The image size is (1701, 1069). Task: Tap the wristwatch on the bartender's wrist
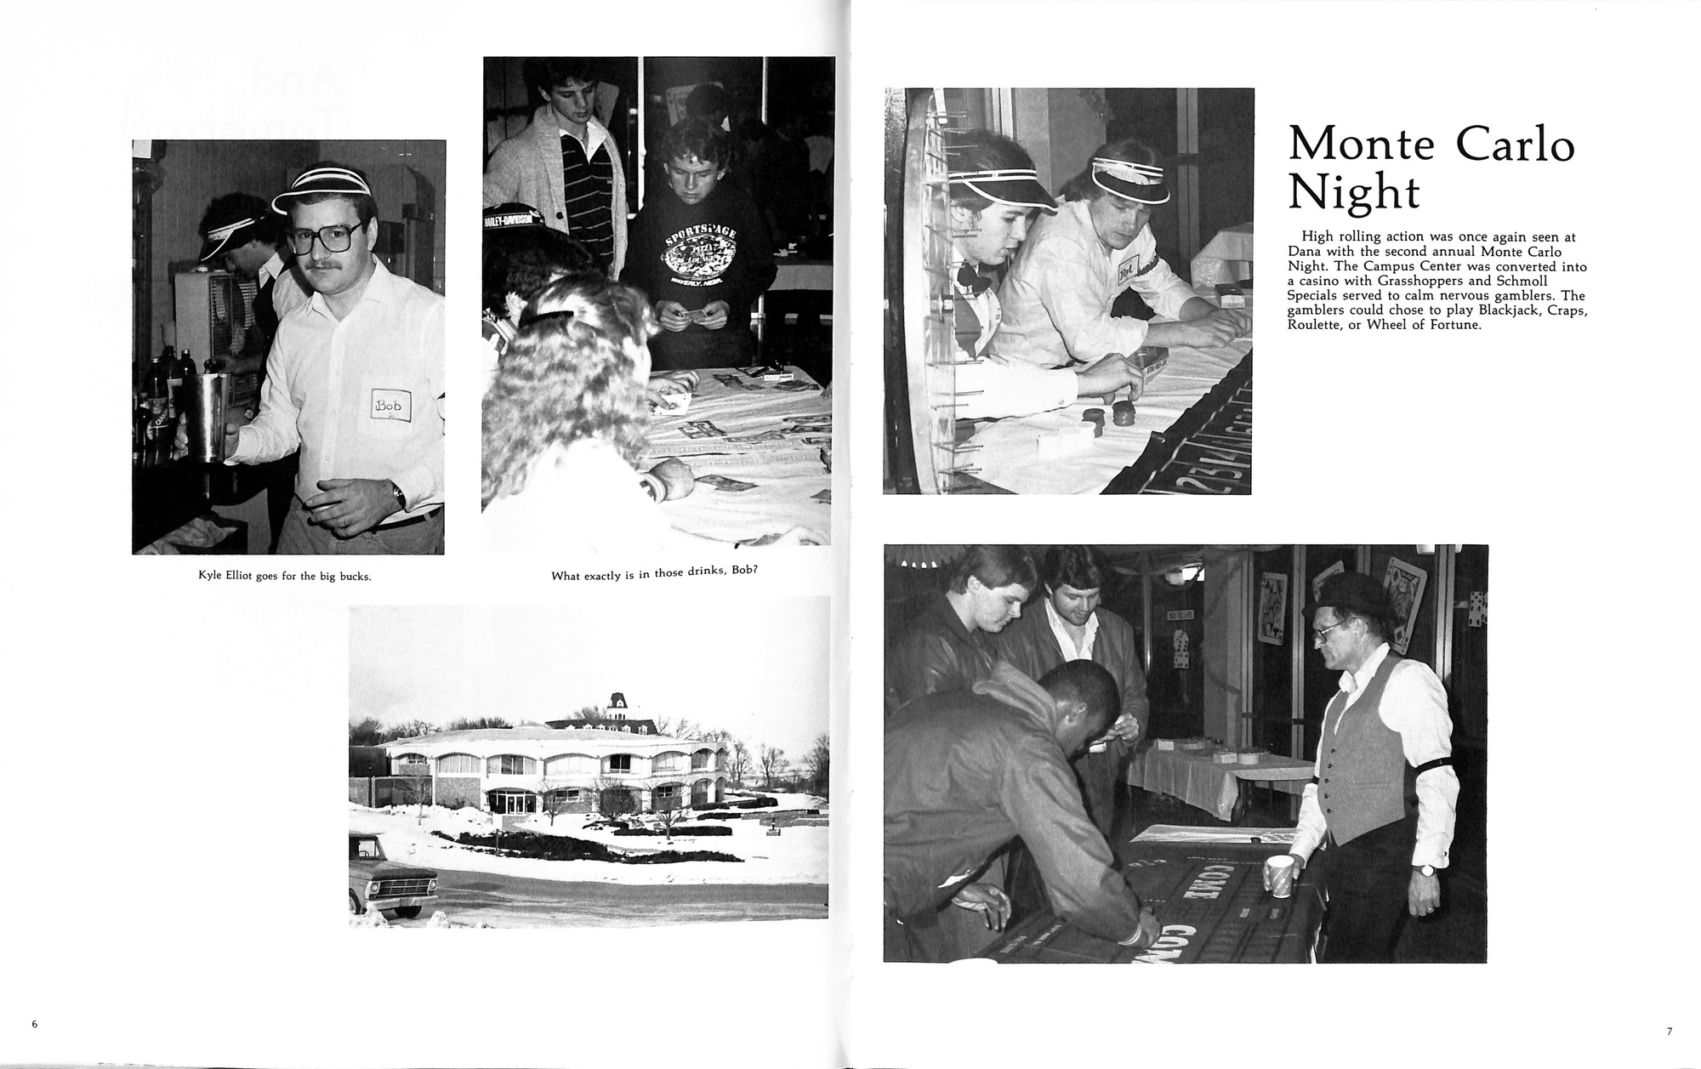398,496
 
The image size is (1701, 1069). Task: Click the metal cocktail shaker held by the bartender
208,416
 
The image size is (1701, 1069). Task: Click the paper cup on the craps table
1278,876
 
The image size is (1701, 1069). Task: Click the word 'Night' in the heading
1353,194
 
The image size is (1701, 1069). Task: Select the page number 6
35,1025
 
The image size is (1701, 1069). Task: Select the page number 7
1669,1032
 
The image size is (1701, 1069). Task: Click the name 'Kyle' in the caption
210,576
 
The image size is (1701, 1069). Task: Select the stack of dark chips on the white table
1120,416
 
